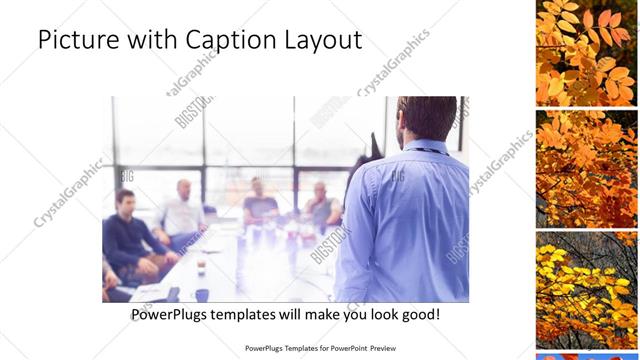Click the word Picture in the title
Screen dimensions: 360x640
(72, 40)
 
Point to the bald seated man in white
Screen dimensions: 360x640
(182, 210)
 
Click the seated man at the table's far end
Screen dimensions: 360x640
(259, 200)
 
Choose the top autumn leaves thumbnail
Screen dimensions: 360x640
(584, 51)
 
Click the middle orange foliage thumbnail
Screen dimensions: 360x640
(584, 168)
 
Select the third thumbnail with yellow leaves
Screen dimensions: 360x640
(584, 290)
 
